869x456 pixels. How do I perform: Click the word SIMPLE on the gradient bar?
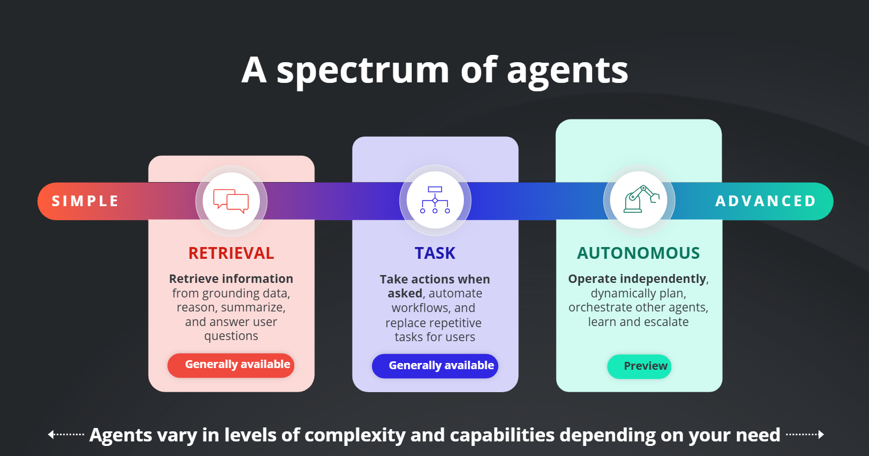(x=85, y=201)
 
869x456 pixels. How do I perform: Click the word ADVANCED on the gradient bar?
(x=766, y=201)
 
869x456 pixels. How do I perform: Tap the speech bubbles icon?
(x=231, y=201)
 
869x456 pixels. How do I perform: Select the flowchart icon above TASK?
(x=435, y=199)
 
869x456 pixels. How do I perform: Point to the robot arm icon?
(x=641, y=199)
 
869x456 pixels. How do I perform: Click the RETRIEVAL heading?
(x=231, y=253)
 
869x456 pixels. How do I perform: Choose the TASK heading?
(x=435, y=253)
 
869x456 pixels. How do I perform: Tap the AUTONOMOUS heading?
(x=639, y=253)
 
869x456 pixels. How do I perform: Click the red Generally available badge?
(x=231, y=365)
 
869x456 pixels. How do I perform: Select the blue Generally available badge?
(x=435, y=366)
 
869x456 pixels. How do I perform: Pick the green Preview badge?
(x=639, y=366)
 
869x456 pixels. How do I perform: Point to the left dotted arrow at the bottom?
(x=66, y=434)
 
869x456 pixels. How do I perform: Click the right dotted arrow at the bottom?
(x=805, y=434)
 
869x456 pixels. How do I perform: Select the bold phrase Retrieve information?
(x=231, y=278)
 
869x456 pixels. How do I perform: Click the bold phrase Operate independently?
(x=637, y=279)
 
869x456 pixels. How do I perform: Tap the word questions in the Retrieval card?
(x=231, y=336)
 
